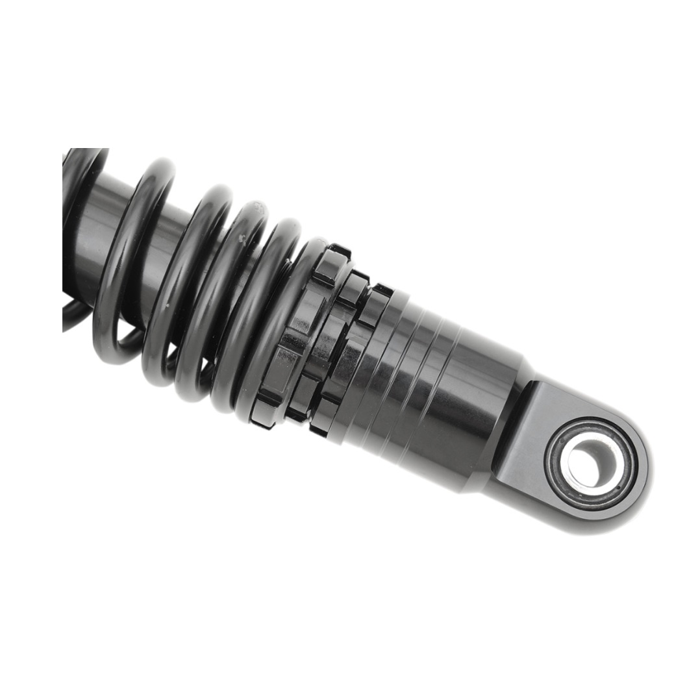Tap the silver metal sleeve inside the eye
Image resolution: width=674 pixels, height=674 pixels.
(571, 473)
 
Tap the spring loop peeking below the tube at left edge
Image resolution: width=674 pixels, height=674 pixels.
(75, 315)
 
